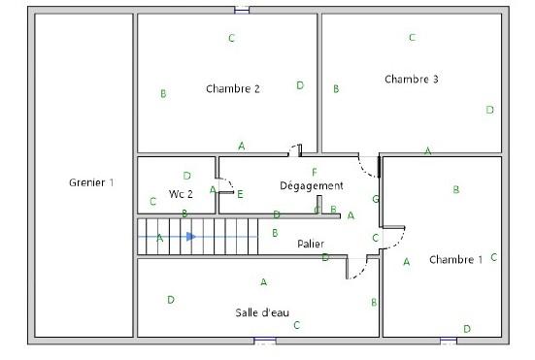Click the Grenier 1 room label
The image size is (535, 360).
(x=91, y=182)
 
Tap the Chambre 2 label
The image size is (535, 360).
(x=233, y=89)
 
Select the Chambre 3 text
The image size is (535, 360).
(x=411, y=80)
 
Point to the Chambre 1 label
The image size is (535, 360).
(x=455, y=260)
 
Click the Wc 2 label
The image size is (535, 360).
(x=181, y=194)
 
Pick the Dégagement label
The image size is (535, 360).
(x=312, y=185)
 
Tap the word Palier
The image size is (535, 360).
(x=311, y=244)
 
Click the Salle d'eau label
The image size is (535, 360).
(x=262, y=312)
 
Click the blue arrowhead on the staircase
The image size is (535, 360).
(x=191, y=236)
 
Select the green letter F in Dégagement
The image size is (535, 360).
(x=315, y=172)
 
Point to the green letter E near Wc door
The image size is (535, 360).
(x=240, y=194)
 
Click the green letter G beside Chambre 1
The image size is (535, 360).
(x=376, y=199)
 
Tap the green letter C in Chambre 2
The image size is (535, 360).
(x=231, y=38)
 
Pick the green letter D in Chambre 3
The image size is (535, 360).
(x=489, y=110)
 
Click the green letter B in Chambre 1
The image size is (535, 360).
(x=455, y=189)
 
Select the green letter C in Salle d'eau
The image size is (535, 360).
(x=297, y=325)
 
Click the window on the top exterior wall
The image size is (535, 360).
(x=242, y=11)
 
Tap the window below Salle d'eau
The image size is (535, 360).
(x=265, y=341)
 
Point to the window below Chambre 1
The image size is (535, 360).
(x=449, y=341)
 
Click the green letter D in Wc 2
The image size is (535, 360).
(x=186, y=176)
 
